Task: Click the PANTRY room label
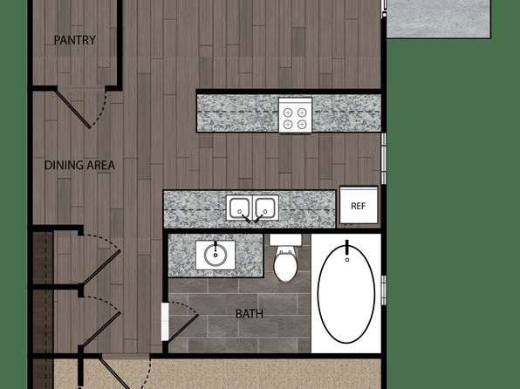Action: click(75, 40)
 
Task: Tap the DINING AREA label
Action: click(79, 165)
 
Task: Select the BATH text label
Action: click(250, 314)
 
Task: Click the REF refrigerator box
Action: click(359, 205)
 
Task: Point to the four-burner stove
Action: click(295, 115)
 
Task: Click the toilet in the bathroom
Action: click(285, 258)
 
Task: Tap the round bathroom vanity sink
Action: click(216, 255)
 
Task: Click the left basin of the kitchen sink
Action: click(239, 208)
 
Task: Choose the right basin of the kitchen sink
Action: click(265, 208)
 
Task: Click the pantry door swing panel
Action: click(72, 109)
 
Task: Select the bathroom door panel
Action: click(183, 328)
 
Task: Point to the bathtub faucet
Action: click(347, 247)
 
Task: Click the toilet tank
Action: click(285, 240)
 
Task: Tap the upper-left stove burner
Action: click(288, 113)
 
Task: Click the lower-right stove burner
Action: click(302, 125)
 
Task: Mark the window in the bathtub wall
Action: click(384, 290)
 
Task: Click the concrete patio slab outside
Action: click(439, 18)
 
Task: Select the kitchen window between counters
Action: click(384, 159)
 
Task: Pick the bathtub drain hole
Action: click(347, 260)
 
